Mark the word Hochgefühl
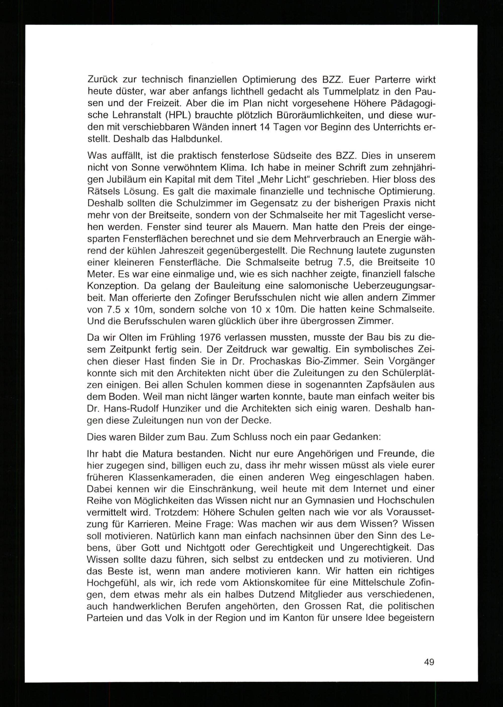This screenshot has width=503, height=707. [x=113, y=583]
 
